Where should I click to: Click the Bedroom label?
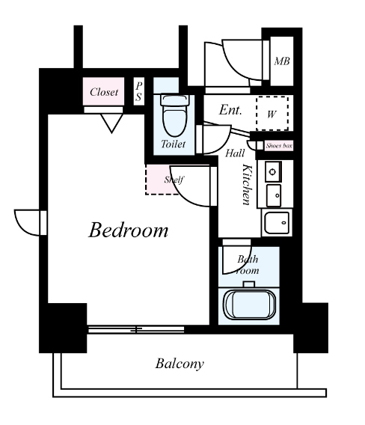point(129,230)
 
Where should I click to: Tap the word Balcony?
point(180,364)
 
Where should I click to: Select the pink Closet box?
point(103,91)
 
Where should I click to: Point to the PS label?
point(138,91)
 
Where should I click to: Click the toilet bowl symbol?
point(175,115)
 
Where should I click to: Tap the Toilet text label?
point(174,144)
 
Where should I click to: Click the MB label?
point(282,61)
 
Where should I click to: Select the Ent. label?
point(230,110)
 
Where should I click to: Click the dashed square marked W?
point(272,113)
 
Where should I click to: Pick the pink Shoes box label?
point(279,146)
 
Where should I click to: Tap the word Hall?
point(235,153)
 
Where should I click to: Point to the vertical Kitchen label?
point(247,184)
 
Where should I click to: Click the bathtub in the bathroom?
point(249,305)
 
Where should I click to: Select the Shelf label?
point(174,180)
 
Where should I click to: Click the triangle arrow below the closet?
point(111,123)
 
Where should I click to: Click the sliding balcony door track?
point(136,329)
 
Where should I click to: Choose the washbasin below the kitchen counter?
point(277,222)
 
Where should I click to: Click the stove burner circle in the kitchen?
point(272,171)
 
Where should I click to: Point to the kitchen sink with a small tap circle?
point(274,195)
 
